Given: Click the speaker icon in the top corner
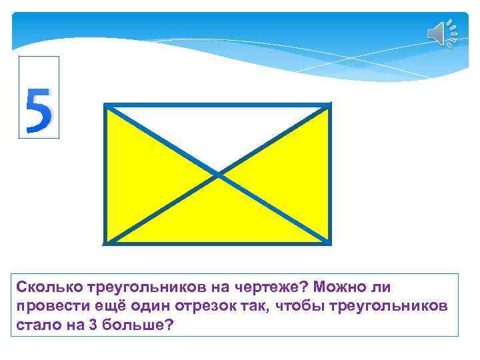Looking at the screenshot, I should (x=441, y=33).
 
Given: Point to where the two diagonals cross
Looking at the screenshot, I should (x=218, y=175).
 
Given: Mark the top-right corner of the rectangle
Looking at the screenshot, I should (x=329, y=105).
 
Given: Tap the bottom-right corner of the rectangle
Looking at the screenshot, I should (x=329, y=242).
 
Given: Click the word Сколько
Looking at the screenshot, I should (x=49, y=287).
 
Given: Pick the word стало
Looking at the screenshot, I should (x=34, y=325).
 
